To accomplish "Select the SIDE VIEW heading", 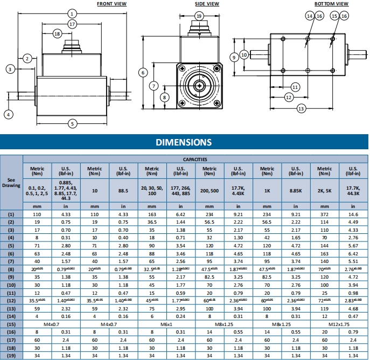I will tap(207, 4).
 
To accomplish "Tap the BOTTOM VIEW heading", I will tap(332, 4).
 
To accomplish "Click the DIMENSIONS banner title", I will tap(184, 142).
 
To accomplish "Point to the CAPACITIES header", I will tap(195, 160).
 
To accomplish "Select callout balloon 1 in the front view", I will tap(73, 13).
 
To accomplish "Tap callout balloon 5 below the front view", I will tap(73, 123).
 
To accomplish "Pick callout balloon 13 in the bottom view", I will tap(301, 108).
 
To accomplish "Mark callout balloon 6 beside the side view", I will tap(143, 72).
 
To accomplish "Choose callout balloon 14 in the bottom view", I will tap(309, 16).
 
